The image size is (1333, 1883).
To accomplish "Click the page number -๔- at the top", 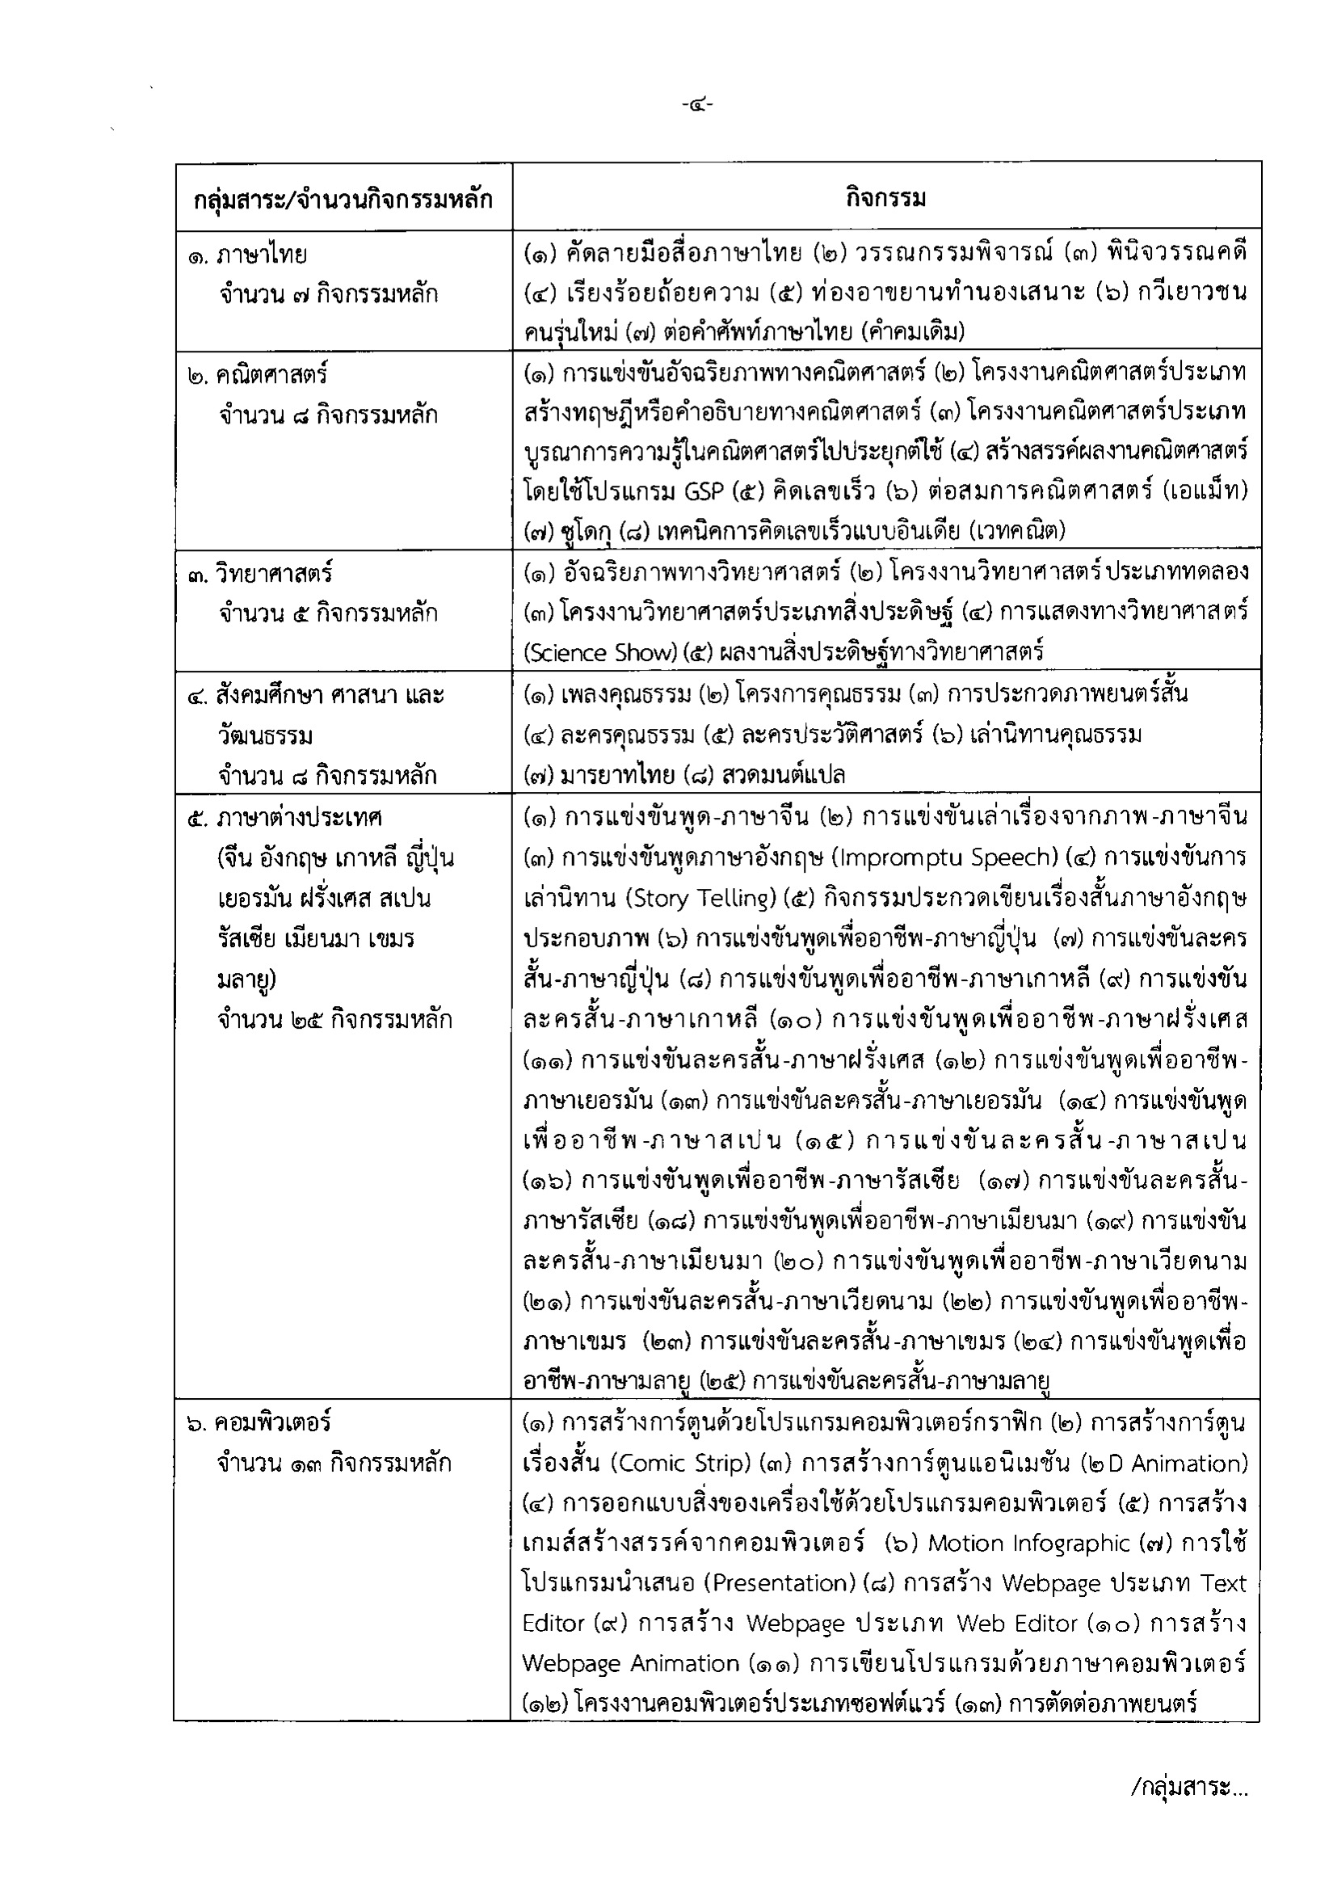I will point(697,104).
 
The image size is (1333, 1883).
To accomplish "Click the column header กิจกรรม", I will point(885,198).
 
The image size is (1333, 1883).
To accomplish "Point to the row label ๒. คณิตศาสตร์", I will point(258,375).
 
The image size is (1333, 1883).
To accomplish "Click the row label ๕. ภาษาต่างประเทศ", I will point(285,818).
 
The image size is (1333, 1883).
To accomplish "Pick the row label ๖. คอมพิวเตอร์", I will point(259,1422).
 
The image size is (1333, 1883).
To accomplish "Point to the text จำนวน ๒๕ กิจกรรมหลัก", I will point(335,1020).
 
